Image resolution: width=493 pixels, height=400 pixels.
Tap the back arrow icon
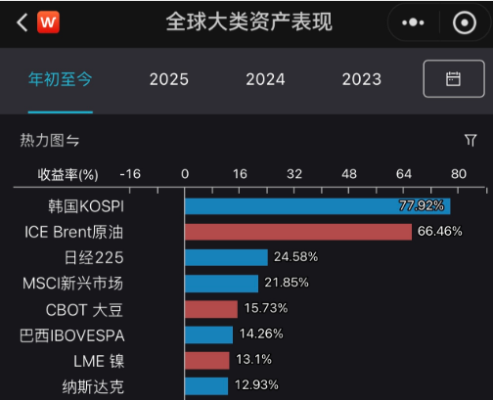[22, 22]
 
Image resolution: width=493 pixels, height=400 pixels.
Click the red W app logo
[48, 22]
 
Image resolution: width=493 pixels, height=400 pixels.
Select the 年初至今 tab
[61, 79]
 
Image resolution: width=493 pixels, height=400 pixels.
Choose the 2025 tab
[169, 79]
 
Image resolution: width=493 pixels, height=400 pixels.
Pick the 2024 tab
[265, 79]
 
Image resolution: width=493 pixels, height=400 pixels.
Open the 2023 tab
[362, 79]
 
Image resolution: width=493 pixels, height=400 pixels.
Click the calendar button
[454, 78]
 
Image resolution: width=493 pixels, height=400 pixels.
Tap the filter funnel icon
[471, 140]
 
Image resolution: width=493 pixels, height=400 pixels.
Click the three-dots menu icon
[413, 22]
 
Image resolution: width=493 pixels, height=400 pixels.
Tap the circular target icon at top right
[465, 22]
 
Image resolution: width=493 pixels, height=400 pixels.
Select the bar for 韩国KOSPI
[318, 206]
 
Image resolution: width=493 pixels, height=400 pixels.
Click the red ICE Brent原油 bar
[298, 232]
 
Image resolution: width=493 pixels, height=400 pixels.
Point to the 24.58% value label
[295, 257]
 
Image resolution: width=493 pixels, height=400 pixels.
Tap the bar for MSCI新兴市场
[221, 284]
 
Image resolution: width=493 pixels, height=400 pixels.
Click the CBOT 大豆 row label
[84, 310]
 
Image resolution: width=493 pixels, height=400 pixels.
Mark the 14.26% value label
[261, 333]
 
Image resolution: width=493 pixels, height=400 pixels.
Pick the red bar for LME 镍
[207, 361]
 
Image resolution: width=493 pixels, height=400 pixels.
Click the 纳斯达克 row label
[93, 387]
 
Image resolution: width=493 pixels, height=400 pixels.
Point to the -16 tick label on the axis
[130, 174]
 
